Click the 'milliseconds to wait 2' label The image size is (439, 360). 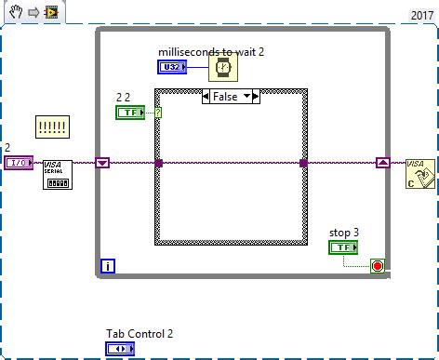click(212, 51)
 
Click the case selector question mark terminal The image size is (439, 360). click(157, 113)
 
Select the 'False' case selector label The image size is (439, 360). click(223, 97)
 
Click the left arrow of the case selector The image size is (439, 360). click(206, 97)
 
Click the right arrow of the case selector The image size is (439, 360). click(256, 97)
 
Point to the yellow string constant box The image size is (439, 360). click(52, 125)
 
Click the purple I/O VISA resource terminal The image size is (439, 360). click(19, 163)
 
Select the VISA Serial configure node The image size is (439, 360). click(58, 173)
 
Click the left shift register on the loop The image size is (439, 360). click(103, 163)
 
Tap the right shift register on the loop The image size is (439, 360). click(382, 163)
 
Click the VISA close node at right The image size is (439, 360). click(419, 173)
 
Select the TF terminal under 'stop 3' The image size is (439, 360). click(342, 247)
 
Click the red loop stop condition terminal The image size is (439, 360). click(377, 267)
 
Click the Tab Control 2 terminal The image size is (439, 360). click(120, 349)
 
